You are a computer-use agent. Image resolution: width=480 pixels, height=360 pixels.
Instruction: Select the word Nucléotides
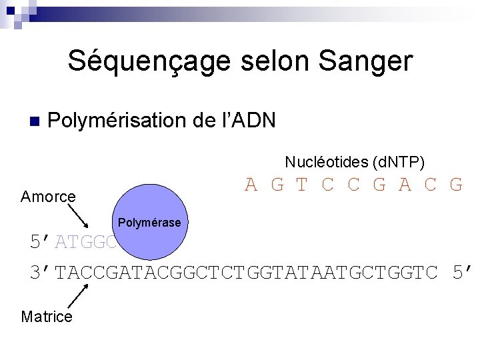pyautogui.click(x=326, y=162)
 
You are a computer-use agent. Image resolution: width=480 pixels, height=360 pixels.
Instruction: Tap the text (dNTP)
pyautogui.click(x=399, y=162)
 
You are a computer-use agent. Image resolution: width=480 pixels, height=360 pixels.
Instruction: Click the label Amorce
pyautogui.click(x=48, y=197)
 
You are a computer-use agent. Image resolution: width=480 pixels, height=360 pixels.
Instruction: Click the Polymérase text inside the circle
pyautogui.click(x=149, y=223)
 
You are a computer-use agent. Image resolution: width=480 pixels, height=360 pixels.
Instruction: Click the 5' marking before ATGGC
pyautogui.click(x=41, y=242)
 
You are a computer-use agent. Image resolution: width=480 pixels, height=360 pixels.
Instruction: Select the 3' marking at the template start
pyautogui.click(x=41, y=273)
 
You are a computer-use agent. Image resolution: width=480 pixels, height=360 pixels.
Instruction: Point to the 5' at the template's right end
pyautogui.click(x=461, y=273)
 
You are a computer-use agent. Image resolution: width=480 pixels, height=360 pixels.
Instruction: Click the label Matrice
pyautogui.click(x=47, y=317)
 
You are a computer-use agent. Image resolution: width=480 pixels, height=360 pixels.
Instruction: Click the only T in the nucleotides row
pyautogui.click(x=302, y=185)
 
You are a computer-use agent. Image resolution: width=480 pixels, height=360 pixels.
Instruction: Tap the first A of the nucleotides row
pyautogui.click(x=251, y=185)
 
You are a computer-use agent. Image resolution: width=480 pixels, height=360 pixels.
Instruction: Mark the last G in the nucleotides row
pyautogui.click(x=456, y=185)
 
